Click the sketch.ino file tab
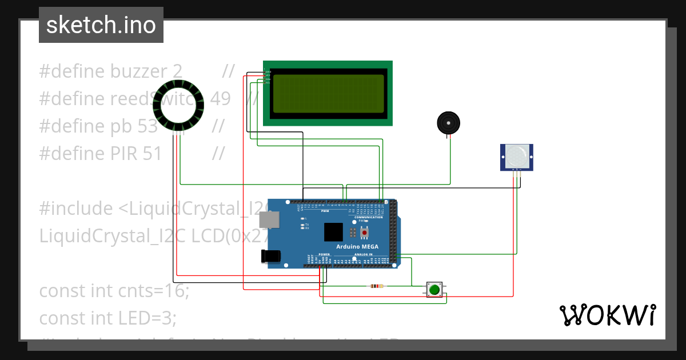[101, 25]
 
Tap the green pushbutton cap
[434, 289]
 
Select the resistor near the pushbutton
[377, 286]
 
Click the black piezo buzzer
[448, 123]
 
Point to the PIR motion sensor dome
[517, 155]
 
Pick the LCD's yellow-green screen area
[328, 93]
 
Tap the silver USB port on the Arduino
[268, 220]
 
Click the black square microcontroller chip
[334, 232]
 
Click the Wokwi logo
[607, 315]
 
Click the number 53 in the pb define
[147, 126]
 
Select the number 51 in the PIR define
[151, 154]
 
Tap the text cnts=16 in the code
[154, 291]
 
